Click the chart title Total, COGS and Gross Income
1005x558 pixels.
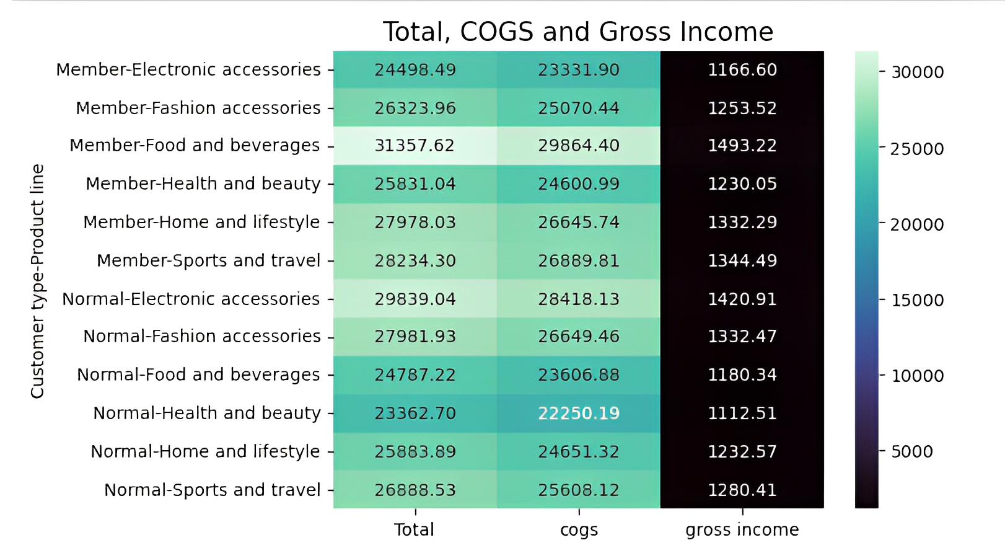point(578,32)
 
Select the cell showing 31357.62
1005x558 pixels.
point(415,146)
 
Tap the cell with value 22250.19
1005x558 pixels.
point(578,414)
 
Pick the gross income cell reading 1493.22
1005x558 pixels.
point(742,146)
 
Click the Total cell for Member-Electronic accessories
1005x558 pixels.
point(415,69)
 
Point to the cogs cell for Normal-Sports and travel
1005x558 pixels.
point(578,490)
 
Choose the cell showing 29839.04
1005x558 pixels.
point(415,299)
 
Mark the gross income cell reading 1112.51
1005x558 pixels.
point(742,414)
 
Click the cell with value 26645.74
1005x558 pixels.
point(578,222)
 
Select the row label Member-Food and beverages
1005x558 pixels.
point(195,146)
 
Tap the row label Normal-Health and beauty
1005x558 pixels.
point(207,414)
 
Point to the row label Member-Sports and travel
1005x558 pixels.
point(208,260)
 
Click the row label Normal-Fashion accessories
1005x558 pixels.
point(202,337)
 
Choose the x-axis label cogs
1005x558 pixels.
point(579,530)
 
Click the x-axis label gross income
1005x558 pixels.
point(742,530)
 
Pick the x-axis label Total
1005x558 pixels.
point(415,530)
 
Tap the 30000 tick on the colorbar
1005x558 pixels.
point(917,72)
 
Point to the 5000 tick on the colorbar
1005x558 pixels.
point(911,451)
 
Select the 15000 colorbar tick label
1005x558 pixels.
point(917,300)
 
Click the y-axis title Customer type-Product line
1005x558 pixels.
point(38,280)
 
